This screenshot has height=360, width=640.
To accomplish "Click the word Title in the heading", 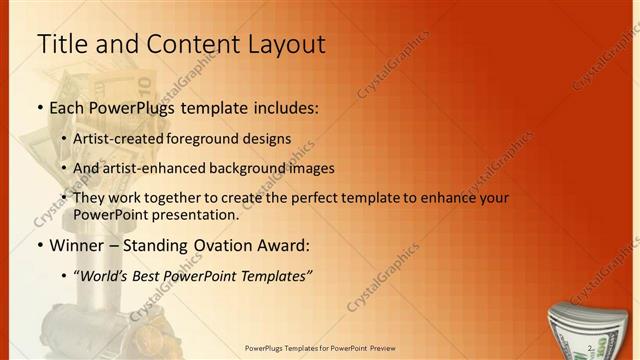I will [61, 44].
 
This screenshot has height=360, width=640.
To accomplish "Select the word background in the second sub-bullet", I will [258, 168].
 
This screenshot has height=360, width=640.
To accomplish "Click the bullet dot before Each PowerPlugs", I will [39, 106].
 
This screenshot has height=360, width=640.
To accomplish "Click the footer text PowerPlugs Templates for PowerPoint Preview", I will [320, 350].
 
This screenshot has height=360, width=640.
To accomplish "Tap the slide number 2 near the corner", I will [591, 347].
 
